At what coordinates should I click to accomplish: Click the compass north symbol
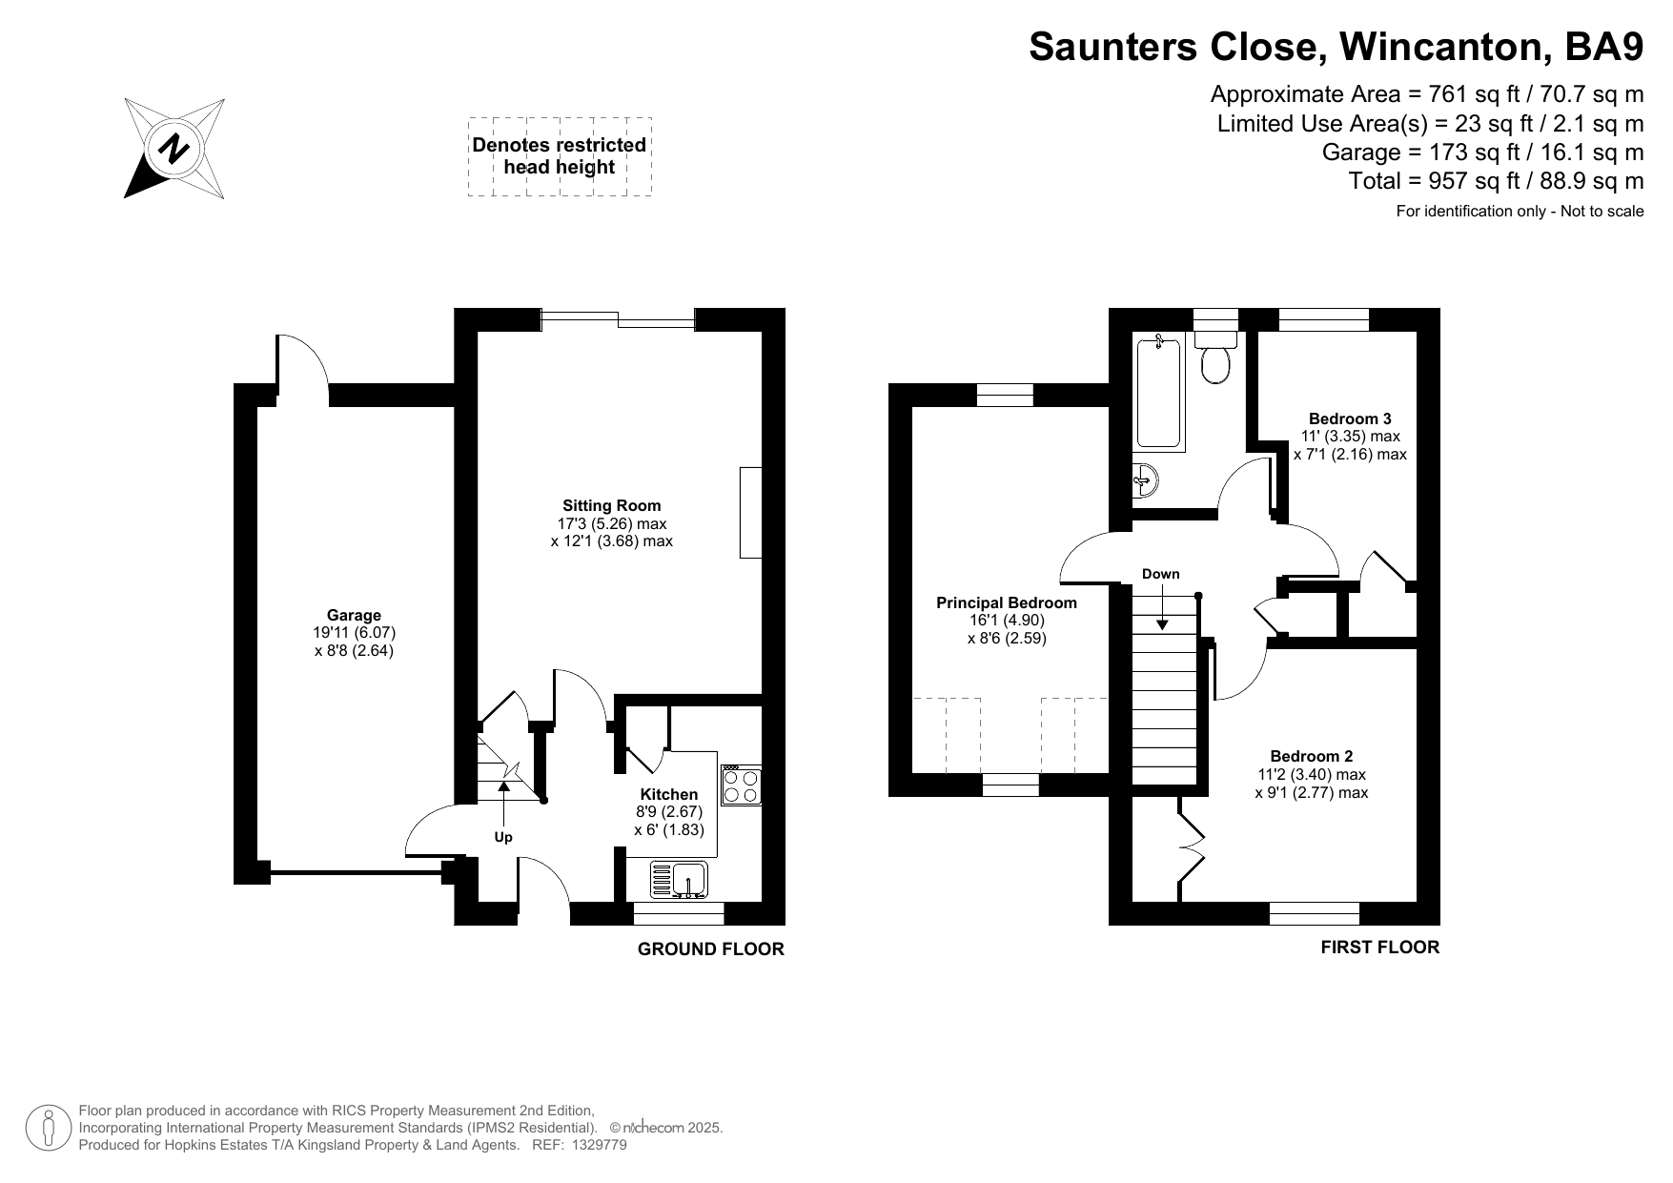(174, 149)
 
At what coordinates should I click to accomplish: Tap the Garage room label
(354, 616)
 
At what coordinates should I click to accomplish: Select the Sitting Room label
(611, 506)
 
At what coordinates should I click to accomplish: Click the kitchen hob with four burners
(741, 785)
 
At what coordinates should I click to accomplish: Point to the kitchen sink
(679, 880)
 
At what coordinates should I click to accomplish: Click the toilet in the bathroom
(1215, 357)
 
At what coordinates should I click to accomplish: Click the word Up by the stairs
(503, 837)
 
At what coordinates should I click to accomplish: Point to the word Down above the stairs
(1160, 574)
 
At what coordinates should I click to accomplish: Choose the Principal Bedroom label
(1007, 602)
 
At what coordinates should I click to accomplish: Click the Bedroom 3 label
(1350, 418)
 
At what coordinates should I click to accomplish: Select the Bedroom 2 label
(1311, 757)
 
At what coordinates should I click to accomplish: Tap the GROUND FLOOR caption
(711, 949)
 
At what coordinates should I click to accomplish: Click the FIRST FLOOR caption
(1379, 948)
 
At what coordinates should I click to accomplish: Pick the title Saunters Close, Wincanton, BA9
(1336, 47)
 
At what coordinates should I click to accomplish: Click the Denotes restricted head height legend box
(560, 157)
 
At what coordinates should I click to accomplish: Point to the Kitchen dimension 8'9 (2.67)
(669, 812)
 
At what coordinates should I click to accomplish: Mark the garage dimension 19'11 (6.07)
(355, 633)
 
